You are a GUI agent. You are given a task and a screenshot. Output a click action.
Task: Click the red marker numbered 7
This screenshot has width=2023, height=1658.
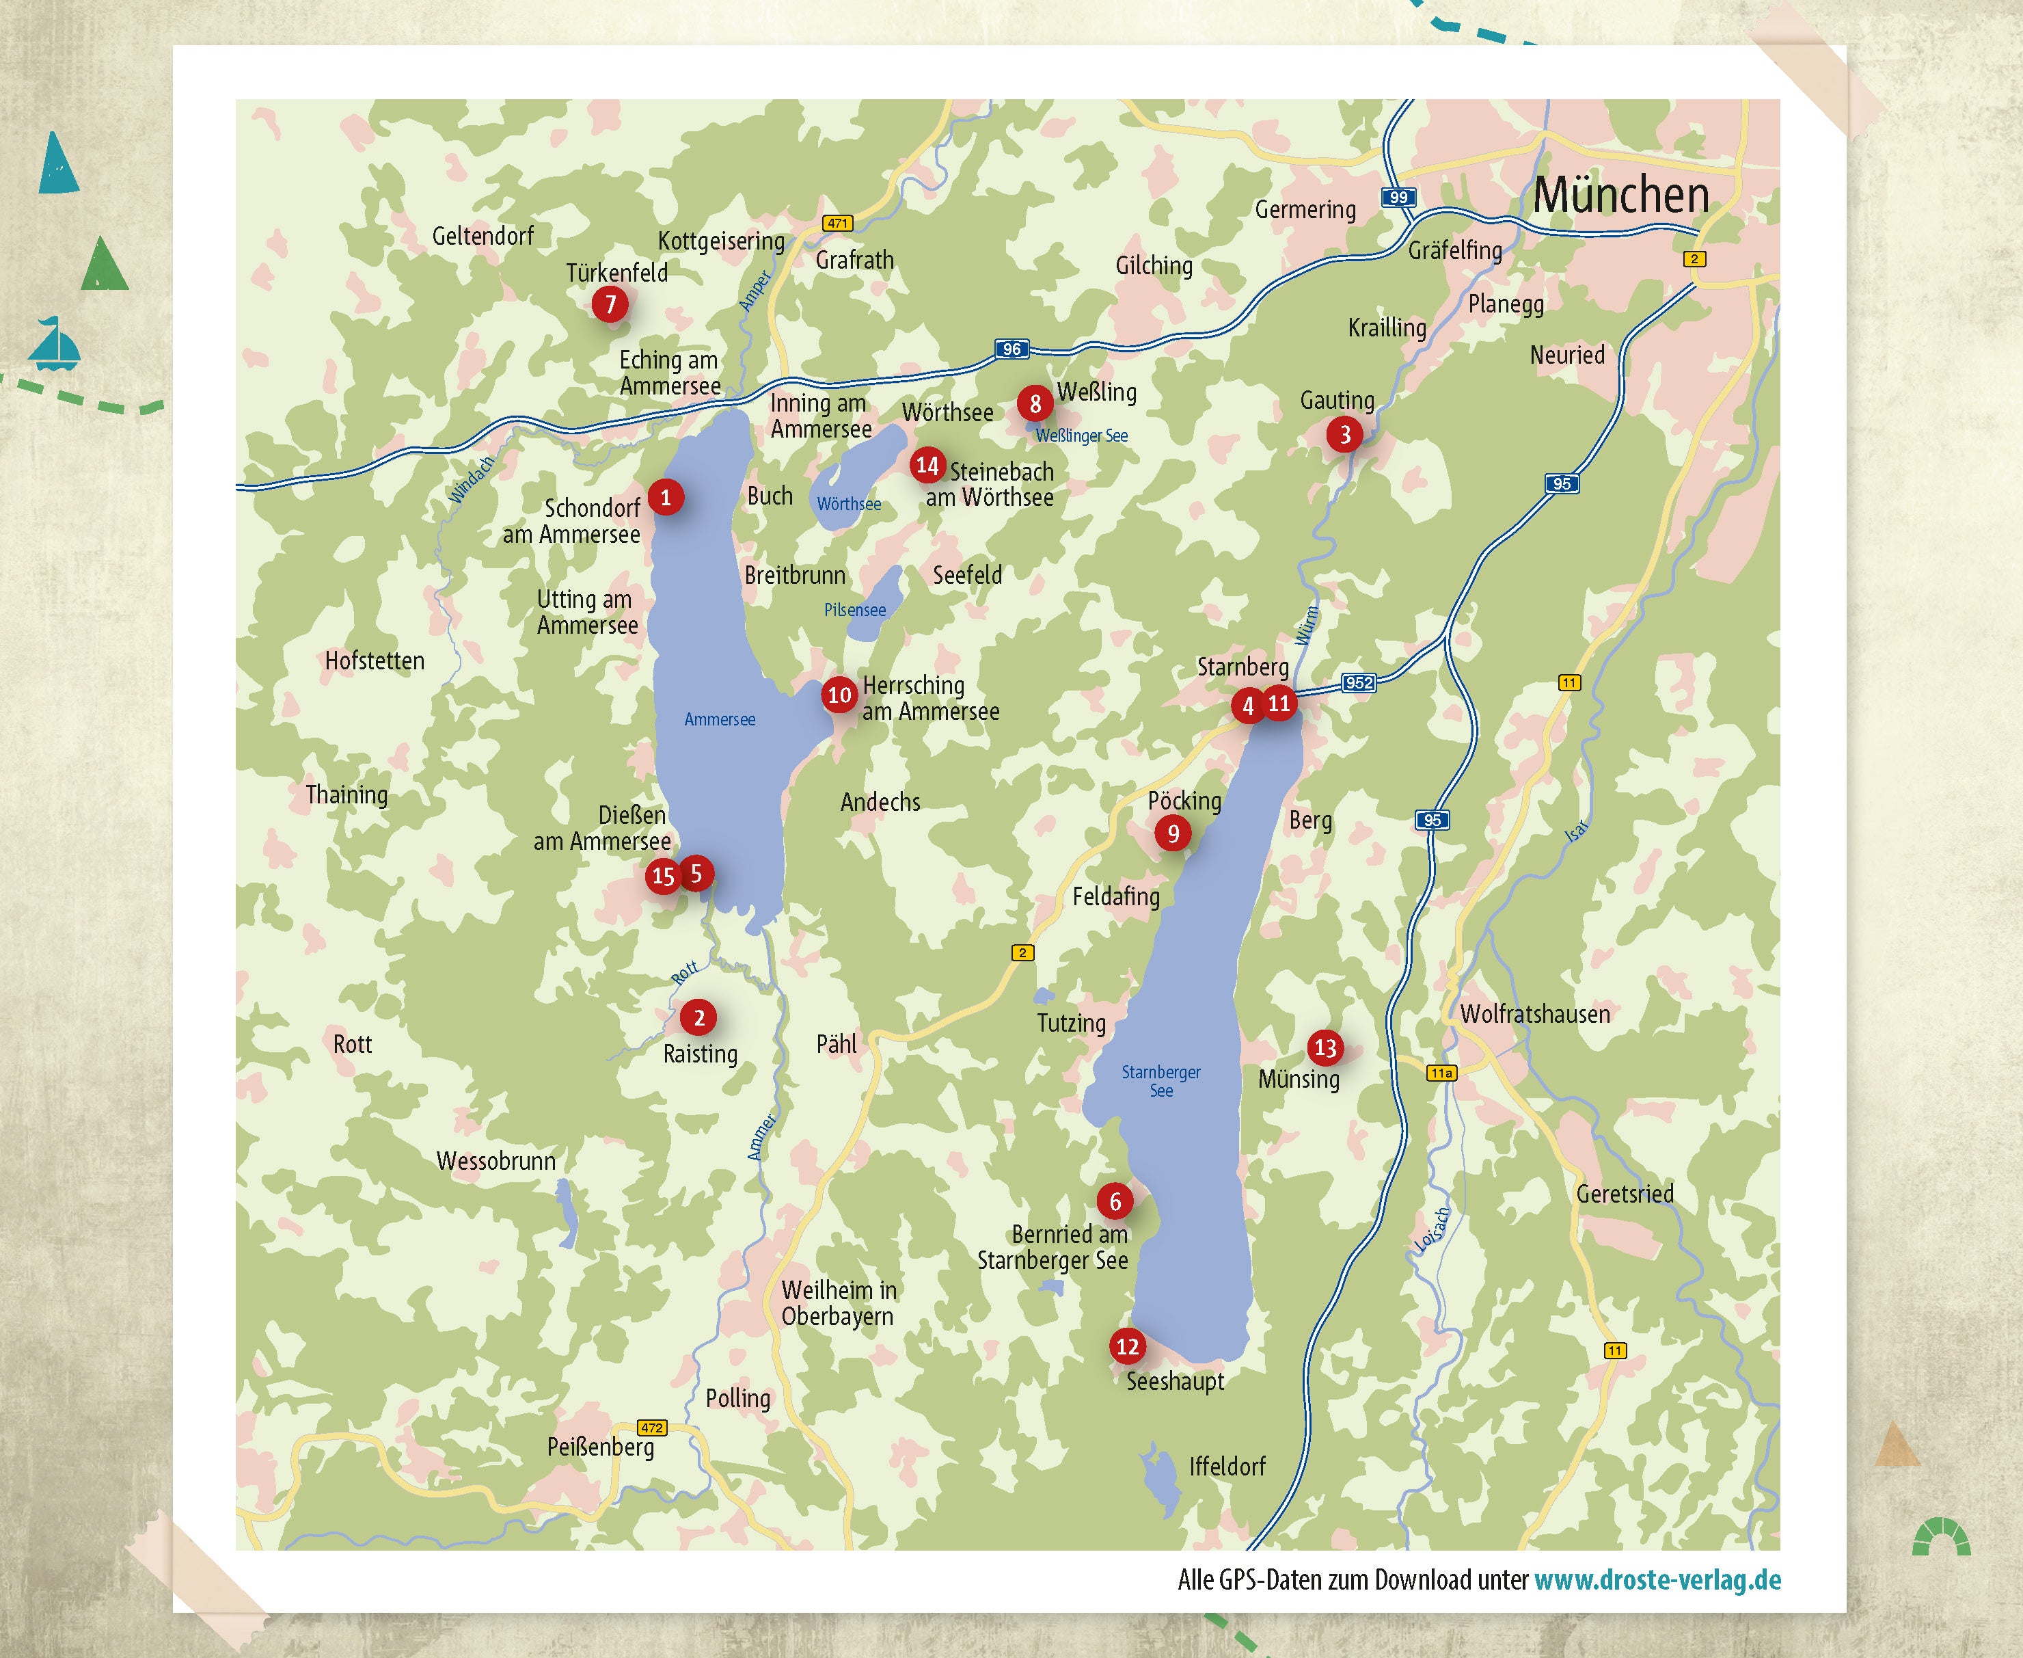click(610, 305)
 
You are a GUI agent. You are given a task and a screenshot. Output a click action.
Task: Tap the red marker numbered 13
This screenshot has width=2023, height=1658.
click(1325, 1047)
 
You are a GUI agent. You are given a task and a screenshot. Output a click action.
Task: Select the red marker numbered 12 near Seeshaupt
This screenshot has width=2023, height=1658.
click(1128, 1347)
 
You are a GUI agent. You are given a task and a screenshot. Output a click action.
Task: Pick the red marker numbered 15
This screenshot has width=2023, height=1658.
click(662, 876)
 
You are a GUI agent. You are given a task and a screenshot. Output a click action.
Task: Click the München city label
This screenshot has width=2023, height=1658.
click(1620, 196)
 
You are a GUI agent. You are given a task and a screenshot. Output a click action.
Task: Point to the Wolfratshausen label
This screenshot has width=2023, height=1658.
click(1534, 1014)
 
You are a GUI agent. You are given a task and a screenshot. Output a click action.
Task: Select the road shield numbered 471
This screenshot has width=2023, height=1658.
click(837, 224)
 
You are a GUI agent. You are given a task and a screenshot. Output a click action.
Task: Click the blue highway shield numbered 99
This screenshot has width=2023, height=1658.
click(1398, 198)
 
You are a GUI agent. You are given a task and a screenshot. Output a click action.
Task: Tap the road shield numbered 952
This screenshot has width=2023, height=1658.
click(1359, 683)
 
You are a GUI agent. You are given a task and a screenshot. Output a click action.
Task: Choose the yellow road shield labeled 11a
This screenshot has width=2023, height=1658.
click(1441, 1073)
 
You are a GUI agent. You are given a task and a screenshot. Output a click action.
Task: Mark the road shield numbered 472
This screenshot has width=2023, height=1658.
click(652, 1428)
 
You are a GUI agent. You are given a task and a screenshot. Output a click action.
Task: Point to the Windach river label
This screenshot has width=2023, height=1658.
click(472, 479)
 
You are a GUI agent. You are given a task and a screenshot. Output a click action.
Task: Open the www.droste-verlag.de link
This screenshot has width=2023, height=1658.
click(1657, 1579)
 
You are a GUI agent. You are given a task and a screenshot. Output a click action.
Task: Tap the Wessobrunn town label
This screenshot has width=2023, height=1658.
click(495, 1162)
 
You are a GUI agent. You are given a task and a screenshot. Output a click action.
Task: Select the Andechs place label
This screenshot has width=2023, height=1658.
click(880, 802)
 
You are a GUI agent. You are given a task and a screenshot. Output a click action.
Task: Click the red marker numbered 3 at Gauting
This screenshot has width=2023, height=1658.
click(1344, 435)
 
